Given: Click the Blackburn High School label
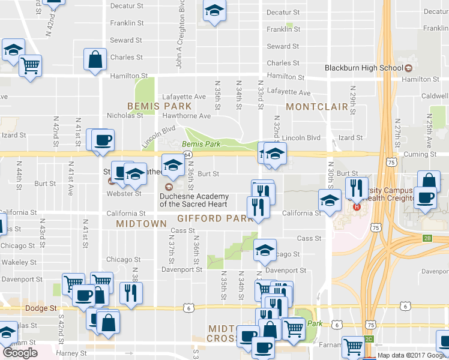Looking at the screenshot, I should point(364,68).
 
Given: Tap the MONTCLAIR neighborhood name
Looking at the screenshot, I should point(317,107).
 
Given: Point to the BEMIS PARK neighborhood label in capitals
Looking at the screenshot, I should point(151,106).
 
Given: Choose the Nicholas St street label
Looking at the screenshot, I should point(125,115).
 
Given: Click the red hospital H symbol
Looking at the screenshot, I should point(357,207).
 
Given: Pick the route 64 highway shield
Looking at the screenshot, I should point(188,155).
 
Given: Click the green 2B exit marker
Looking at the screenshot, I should point(427,238).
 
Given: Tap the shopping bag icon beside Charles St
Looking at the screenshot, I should point(95,59).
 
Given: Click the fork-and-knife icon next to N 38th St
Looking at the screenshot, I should point(130,293).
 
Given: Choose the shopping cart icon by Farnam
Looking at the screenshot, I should point(352,346).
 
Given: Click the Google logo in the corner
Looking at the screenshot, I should point(20,353).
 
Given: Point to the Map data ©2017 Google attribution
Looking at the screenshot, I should point(412,355).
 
